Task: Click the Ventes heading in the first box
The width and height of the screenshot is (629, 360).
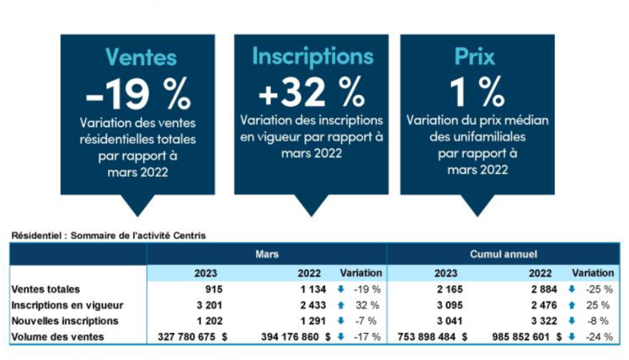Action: tap(141, 57)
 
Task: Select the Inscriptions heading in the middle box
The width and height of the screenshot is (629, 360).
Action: tap(313, 57)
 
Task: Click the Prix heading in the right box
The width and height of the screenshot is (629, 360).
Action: tap(474, 57)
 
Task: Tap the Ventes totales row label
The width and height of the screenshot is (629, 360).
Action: tap(46, 289)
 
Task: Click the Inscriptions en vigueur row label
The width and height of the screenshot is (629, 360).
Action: tap(68, 305)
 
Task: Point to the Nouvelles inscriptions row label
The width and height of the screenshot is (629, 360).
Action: tap(65, 321)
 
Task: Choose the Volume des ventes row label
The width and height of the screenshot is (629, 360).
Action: tap(58, 337)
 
